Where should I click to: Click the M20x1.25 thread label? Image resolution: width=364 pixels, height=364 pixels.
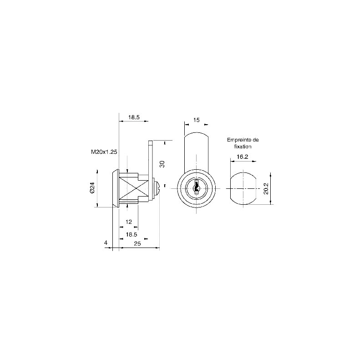104,152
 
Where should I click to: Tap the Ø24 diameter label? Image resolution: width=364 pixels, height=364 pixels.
92,187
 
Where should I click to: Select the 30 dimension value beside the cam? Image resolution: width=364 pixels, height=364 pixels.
162,164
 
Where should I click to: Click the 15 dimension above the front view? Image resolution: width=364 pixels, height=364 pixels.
197,120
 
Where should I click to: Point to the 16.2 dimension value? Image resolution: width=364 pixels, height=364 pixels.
243,157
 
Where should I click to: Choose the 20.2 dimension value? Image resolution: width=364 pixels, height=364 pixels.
266,188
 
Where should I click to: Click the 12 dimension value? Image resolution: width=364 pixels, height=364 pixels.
129,222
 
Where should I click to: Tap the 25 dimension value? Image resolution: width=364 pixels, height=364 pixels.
137,243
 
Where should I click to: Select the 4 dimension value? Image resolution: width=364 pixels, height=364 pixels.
106,243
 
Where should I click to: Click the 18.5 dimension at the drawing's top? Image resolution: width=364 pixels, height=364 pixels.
134,117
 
